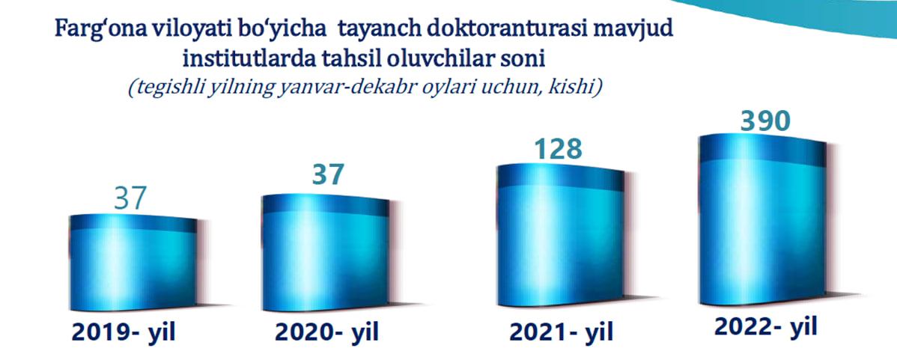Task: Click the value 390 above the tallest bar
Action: tap(765, 121)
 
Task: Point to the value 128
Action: tap(559, 150)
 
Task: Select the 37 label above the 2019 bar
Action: tap(131, 199)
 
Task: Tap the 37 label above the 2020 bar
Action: tap(329, 174)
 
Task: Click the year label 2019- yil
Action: tap(124, 333)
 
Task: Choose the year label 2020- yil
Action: tap(326, 333)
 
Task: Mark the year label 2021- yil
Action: tap(562, 332)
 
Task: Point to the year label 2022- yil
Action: tap(766, 327)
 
